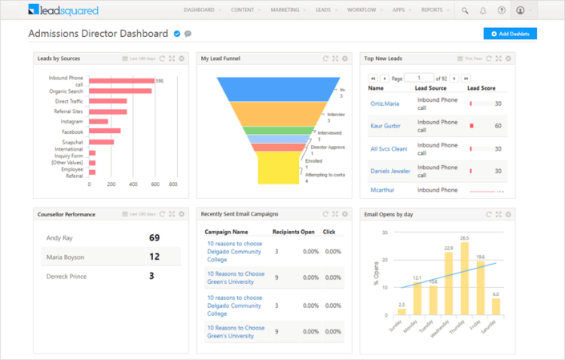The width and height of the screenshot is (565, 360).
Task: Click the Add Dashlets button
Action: (511, 34)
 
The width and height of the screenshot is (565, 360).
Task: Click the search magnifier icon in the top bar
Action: (465, 10)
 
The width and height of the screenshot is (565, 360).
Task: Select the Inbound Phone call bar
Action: (120, 80)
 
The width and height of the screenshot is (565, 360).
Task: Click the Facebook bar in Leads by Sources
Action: (104, 131)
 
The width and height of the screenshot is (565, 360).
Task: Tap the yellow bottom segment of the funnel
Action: (278, 168)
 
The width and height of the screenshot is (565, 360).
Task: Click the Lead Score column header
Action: (483, 88)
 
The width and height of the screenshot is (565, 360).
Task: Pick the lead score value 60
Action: (498, 126)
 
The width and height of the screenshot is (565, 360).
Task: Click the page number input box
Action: (418, 78)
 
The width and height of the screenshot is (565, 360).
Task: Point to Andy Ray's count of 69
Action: (155, 238)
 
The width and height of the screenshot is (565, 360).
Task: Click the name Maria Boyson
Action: (65, 257)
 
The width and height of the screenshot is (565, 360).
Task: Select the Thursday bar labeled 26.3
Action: (465, 279)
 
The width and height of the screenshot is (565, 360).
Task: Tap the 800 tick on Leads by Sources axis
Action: (172, 184)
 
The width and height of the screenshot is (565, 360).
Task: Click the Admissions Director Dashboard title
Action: (99, 34)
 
